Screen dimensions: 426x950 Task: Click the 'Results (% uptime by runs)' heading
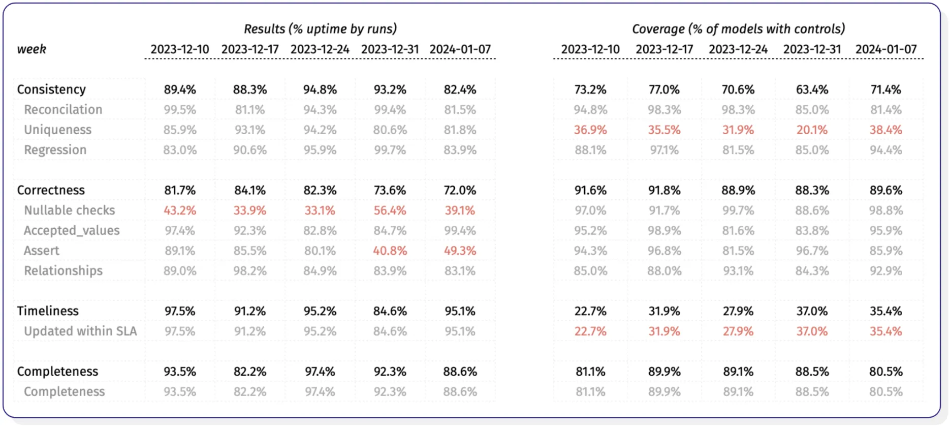click(x=320, y=29)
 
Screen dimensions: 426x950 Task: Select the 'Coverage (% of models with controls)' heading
click(x=738, y=29)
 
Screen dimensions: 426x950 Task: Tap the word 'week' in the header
click(x=31, y=49)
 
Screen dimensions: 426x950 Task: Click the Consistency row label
click(x=51, y=89)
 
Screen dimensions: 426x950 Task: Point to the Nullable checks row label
click(x=70, y=210)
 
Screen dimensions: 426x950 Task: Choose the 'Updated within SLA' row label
click(x=80, y=331)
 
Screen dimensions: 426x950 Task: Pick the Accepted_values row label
click(x=72, y=231)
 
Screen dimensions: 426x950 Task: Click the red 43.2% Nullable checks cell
click(x=180, y=210)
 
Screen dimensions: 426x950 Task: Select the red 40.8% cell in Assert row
click(x=390, y=251)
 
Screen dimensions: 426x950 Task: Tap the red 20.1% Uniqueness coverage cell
click(x=812, y=130)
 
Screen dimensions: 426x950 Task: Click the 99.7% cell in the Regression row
click(x=390, y=150)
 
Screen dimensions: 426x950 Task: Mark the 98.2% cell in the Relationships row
click(x=250, y=271)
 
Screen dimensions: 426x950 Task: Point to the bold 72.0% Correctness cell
click(x=460, y=190)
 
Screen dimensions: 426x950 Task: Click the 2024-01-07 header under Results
click(x=460, y=49)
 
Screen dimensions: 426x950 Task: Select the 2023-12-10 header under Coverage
click(x=590, y=49)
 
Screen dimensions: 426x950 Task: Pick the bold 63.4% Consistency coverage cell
click(x=812, y=89)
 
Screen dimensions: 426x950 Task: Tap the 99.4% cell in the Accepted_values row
click(x=460, y=231)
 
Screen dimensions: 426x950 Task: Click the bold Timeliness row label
click(x=48, y=311)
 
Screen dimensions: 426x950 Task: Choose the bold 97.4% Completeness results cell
click(x=320, y=372)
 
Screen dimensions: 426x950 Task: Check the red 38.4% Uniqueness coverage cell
click(x=885, y=130)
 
